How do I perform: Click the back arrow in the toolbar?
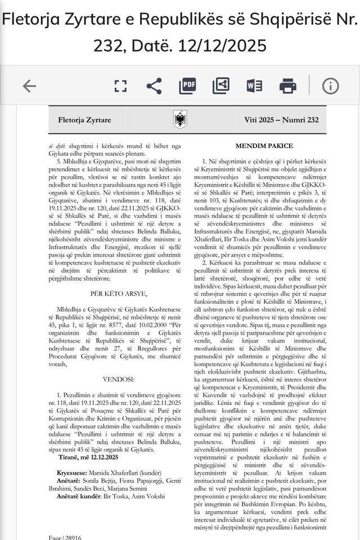(x=29, y=86)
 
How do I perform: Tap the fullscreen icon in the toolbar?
(x=120, y=86)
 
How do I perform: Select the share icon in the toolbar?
(x=153, y=86)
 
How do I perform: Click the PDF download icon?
(x=187, y=86)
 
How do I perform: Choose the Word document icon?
(x=254, y=86)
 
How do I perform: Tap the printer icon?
(x=288, y=86)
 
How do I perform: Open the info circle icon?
(x=330, y=86)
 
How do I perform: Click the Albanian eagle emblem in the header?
(x=181, y=120)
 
